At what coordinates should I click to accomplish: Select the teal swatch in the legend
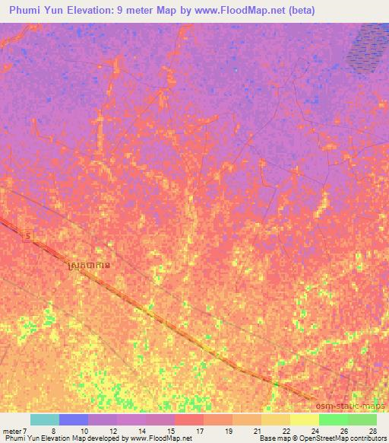point(45,419)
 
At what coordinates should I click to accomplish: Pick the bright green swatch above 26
point(333,419)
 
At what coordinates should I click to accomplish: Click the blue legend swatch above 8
point(74,419)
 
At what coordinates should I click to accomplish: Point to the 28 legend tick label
point(372,430)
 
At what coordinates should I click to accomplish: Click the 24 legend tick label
point(315,430)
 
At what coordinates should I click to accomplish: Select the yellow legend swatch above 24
point(304,419)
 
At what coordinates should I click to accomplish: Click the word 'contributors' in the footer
point(367,439)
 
